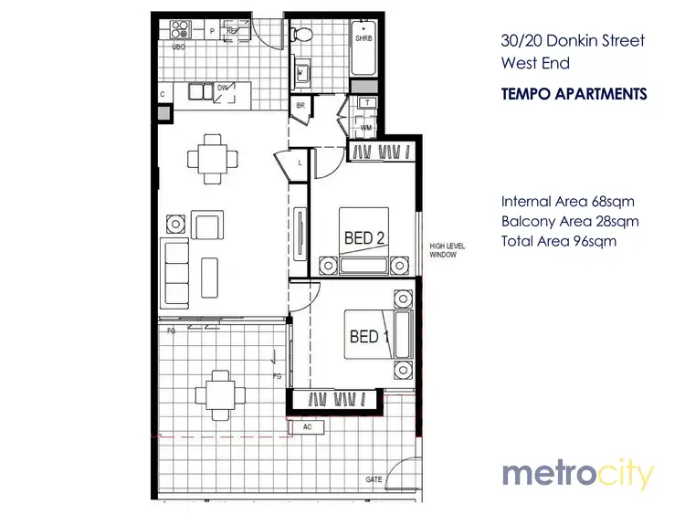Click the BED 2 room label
point(363,238)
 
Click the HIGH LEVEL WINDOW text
point(449,251)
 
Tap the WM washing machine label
point(365,127)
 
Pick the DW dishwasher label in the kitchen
point(223,89)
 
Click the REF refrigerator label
point(232,31)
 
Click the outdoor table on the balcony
point(219,393)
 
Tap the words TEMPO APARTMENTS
point(574,94)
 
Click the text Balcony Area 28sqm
point(569,222)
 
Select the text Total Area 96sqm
point(559,242)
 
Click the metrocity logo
point(577,475)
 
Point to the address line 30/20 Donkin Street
point(573,41)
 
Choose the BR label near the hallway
point(300,107)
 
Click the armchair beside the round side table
point(207,225)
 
